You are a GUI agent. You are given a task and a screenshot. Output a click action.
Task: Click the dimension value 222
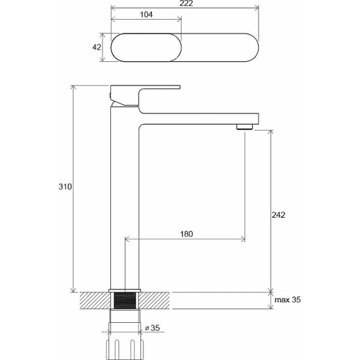[186, 3]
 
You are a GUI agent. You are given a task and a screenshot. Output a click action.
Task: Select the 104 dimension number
[146, 14]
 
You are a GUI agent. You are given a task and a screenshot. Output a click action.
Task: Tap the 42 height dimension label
[97, 47]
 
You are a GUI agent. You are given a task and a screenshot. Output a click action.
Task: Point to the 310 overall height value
[65, 187]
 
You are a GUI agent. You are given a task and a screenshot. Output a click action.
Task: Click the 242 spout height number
[278, 215]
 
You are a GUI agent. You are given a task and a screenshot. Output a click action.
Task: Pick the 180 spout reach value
[187, 234]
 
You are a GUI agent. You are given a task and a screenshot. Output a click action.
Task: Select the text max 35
[287, 299]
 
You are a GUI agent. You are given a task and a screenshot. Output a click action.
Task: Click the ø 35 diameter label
[152, 328]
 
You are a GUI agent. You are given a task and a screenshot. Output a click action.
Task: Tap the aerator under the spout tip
[245, 127]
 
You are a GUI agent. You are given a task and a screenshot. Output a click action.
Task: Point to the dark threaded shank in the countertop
[125, 301]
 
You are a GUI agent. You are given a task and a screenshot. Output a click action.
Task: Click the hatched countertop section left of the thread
[95, 301]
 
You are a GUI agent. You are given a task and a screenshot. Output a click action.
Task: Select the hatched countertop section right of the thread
[154, 301]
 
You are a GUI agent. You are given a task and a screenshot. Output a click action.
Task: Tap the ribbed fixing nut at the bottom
[125, 349]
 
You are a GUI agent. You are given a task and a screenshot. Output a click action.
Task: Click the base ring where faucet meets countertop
[125, 290]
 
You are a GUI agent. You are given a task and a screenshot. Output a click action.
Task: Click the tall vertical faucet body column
[125, 197]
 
